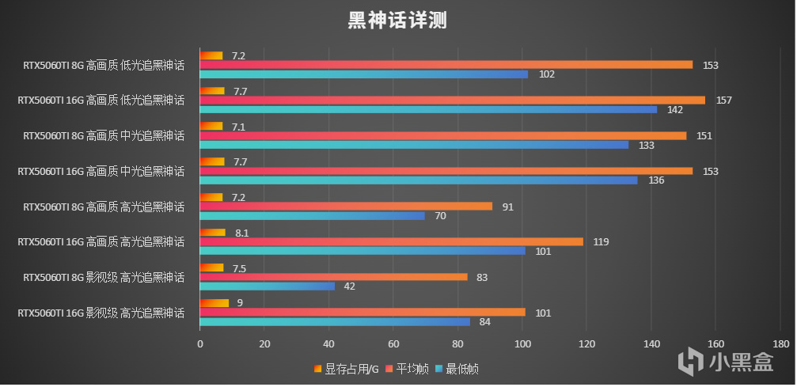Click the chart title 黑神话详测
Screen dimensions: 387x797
397,21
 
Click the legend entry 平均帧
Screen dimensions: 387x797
408,368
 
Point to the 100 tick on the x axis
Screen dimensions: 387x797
522,344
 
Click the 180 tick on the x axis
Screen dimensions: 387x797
780,344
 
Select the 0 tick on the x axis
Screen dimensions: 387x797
199,344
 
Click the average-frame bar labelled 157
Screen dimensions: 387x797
451,101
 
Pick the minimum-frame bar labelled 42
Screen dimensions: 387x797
267,286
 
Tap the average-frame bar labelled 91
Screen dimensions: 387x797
345,207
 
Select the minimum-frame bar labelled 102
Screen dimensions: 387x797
363,74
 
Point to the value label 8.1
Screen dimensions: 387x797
241,233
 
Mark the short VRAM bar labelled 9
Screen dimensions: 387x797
214,303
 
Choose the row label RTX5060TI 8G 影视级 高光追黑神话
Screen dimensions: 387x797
104,278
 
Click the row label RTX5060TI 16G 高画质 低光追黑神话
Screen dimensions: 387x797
101,101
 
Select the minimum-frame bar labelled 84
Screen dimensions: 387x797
334,321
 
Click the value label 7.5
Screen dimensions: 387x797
239,268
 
